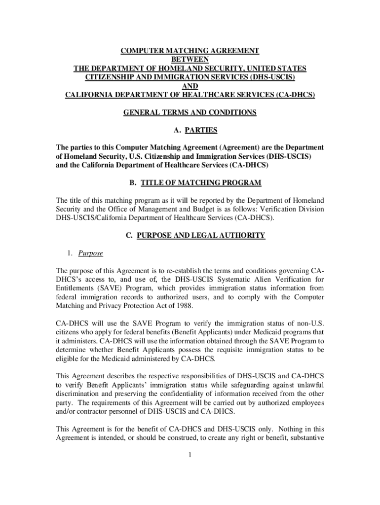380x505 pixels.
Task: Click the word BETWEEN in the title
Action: (x=190, y=59)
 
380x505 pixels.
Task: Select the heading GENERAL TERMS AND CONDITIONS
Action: (x=190, y=112)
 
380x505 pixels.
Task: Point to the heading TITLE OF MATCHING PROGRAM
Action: (x=201, y=183)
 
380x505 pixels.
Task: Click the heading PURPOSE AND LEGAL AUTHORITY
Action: (x=201, y=236)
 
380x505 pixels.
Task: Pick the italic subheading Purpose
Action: (x=86, y=253)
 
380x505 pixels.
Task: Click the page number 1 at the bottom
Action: (x=190, y=455)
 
